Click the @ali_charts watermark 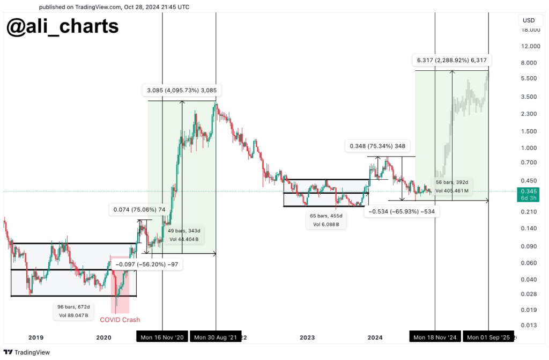62,26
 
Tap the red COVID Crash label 120,320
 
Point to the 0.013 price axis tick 529,326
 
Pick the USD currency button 529,20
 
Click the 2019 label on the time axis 35,337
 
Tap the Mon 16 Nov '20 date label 162,337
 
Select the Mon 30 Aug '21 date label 216,337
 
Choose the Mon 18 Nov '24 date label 434,337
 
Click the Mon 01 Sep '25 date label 488,337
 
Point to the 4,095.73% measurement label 183,91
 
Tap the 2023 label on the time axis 307,337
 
